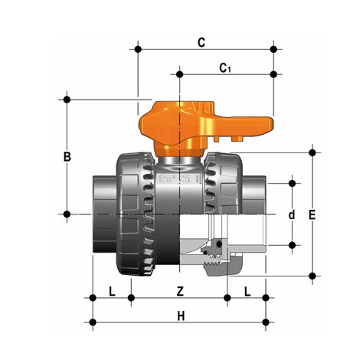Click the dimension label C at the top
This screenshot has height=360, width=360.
tap(201, 43)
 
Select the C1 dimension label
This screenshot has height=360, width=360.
tap(225, 69)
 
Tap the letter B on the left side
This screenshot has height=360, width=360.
tap(67, 156)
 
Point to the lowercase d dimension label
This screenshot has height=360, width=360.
tap(291, 215)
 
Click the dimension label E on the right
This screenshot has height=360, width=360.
tap(311, 215)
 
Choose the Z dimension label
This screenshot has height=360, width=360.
tap(180, 291)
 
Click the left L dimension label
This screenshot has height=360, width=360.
tap(112, 291)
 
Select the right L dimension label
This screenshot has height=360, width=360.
tap(247, 291)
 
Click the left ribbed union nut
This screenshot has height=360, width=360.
tap(136, 211)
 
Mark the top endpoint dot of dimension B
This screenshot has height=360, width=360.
tap(67, 100)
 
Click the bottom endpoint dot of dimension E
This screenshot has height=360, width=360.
tap(311, 274)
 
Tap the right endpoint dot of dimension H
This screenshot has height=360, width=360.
tap(265, 320)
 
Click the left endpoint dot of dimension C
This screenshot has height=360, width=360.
tap(138, 50)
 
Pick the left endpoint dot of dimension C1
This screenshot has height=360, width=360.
tap(180, 74)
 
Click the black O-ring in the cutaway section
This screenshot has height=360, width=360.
tap(219, 245)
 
